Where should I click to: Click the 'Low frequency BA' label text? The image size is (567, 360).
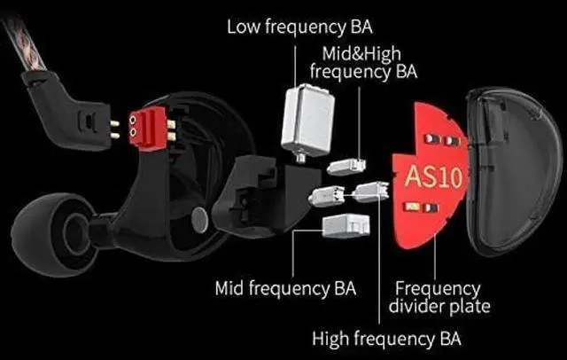click(299, 26)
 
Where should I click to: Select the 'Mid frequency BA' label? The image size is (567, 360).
click(285, 288)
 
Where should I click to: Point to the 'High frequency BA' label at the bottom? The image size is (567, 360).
click(386, 339)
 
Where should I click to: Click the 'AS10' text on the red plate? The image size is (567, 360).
click(433, 176)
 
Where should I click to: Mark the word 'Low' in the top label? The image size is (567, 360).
click(244, 26)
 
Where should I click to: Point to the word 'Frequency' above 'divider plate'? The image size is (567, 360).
click(437, 289)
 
